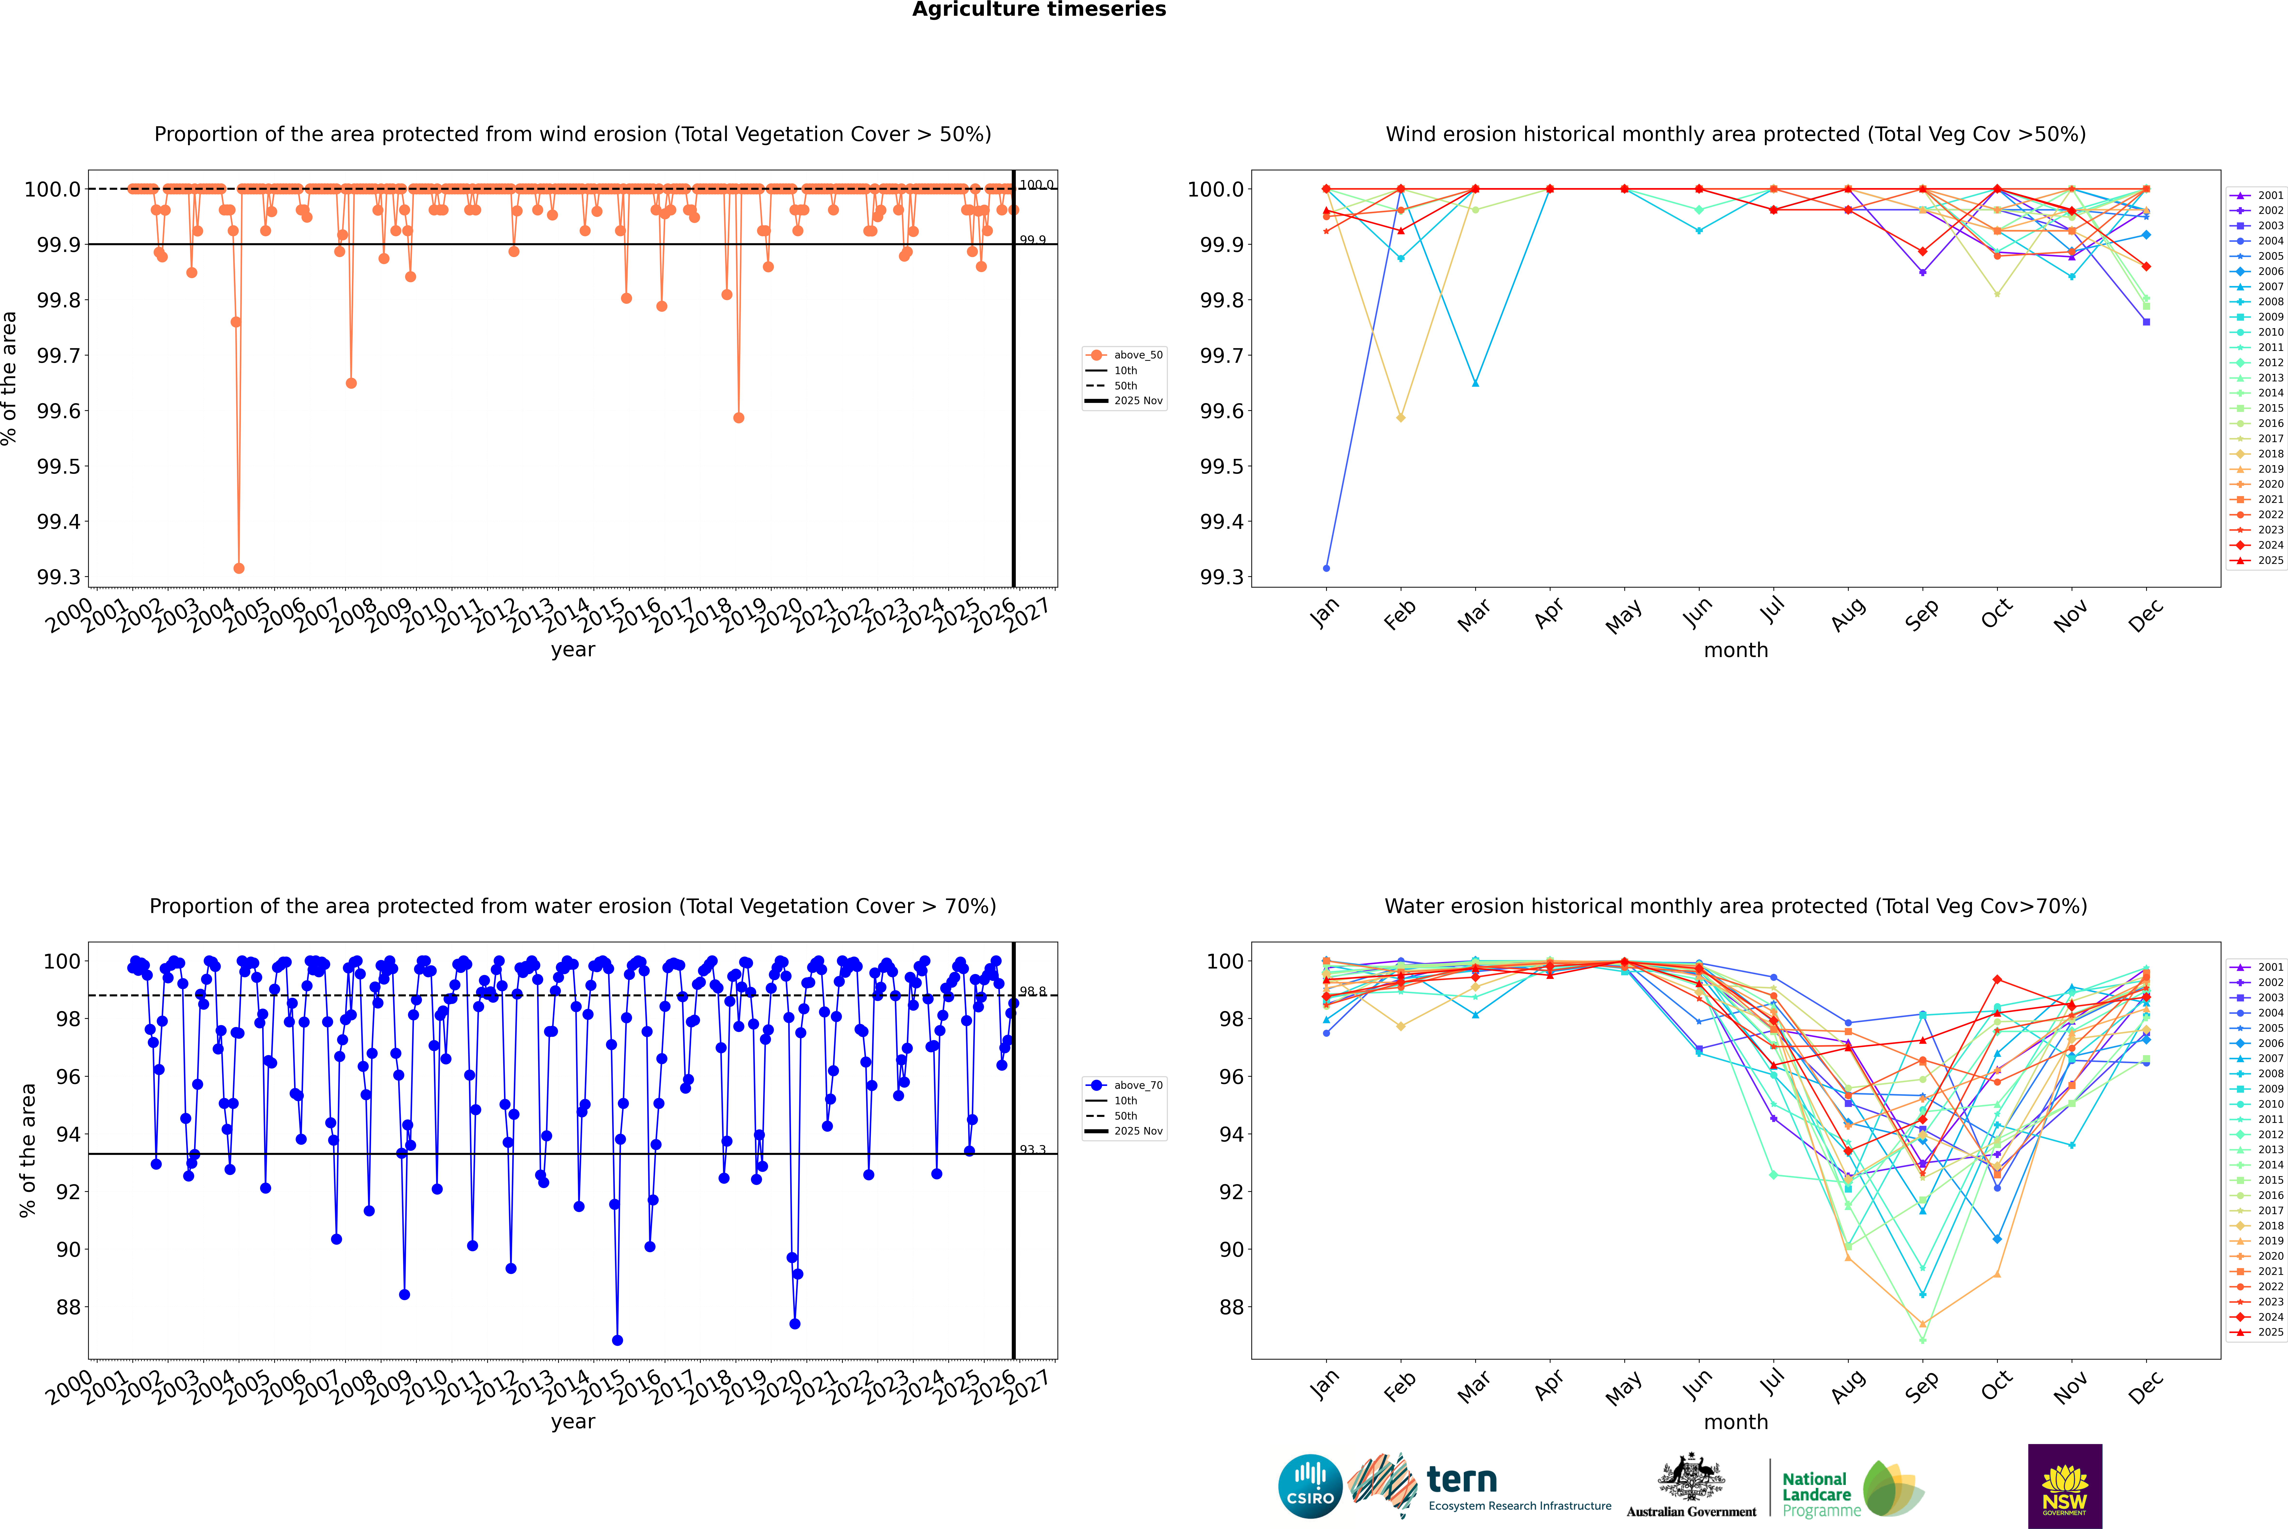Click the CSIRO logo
coord(1310,1486)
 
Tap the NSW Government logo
coord(2065,1486)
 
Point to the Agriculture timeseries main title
coord(1039,10)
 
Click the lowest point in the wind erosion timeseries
coord(239,568)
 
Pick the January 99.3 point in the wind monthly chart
coord(1326,568)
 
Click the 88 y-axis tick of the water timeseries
coord(68,1307)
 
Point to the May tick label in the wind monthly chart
coord(1623,616)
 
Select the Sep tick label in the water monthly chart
coord(1921,1388)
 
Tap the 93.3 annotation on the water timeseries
coord(1033,1150)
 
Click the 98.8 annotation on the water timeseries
coord(1033,992)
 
